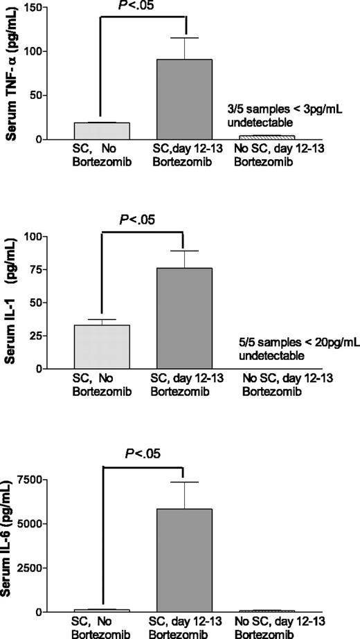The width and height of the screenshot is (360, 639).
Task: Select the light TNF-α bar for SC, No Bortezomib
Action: tap(101, 131)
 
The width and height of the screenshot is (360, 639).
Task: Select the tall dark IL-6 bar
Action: tap(183, 560)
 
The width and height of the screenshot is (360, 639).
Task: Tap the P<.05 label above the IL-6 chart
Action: tap(143, 454)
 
